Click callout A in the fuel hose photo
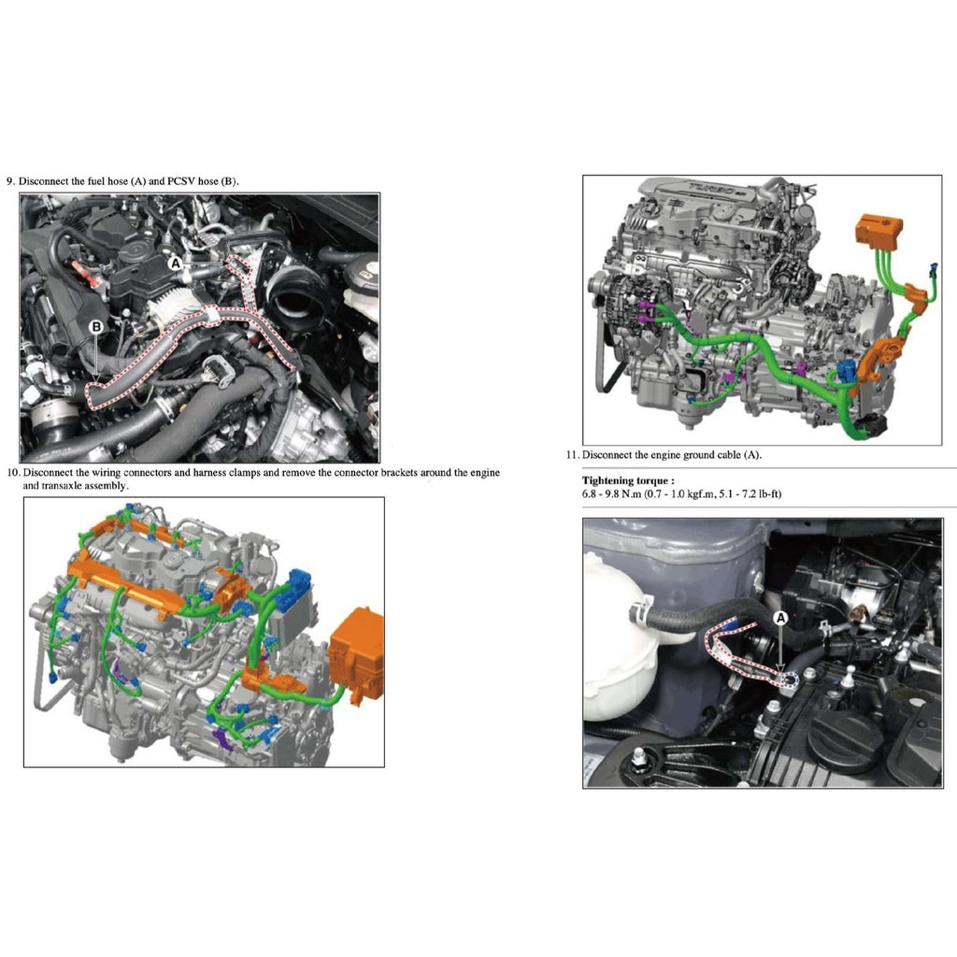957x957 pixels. pos(175,264)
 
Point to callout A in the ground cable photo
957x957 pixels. pos(781,617)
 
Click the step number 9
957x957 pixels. pos(10,180)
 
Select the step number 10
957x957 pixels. pos(13,473)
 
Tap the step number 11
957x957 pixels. pos(572,455)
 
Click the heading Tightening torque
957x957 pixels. pos(627,480)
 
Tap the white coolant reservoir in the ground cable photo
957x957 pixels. pos(616,636)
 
